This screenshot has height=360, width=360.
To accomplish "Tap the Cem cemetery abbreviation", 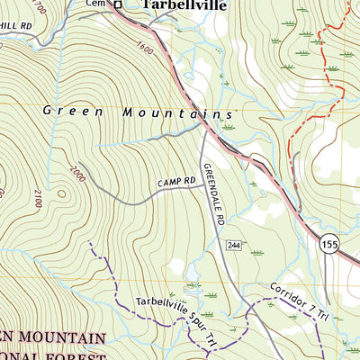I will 96,4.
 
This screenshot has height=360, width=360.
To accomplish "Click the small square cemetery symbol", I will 117,5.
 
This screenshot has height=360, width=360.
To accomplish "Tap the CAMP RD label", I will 176,183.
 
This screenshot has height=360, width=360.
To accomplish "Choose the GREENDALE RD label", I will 213,186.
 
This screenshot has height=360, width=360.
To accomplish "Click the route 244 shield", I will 233,245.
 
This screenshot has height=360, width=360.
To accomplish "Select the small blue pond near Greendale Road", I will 192,271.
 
